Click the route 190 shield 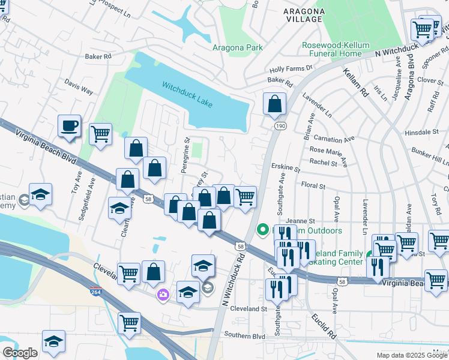click(x=280, y=126)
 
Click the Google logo click(x=20, y=353)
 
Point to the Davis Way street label click(x=79, y=88)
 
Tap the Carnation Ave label click(x=334, y=139)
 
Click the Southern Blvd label click(x=244, y=336)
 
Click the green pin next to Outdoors click(x=262, y=229)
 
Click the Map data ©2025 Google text click(x=411, y=355)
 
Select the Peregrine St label click(x=185, y=157)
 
